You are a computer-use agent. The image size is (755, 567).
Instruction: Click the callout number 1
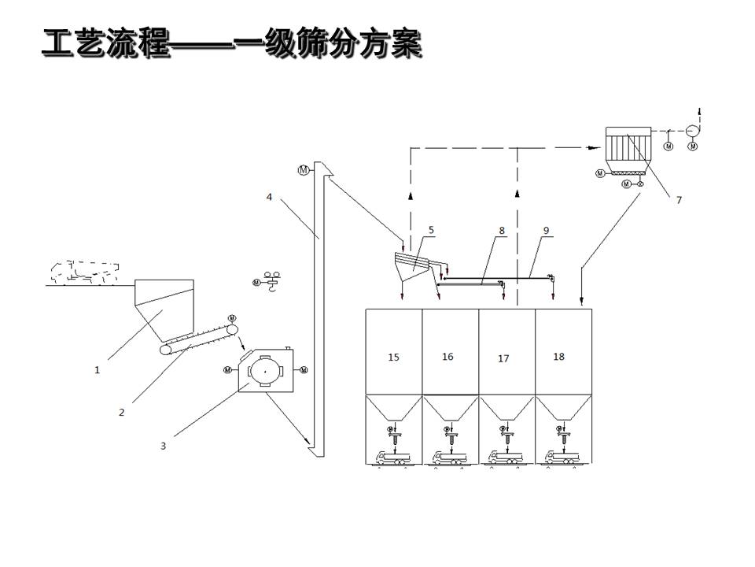[x=98, y=369]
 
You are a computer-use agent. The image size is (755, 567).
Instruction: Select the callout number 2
[x=121, y=412]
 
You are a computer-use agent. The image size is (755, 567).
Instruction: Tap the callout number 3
[x=163, y=446]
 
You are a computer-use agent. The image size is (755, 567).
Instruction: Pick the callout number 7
[x=679, y=200]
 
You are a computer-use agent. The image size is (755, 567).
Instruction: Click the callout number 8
[x=501, y=231]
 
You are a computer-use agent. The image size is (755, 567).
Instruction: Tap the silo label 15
[x=393, y=357]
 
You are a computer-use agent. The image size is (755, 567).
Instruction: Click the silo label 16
[x=447, y=357]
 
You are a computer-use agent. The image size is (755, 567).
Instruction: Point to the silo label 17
[x=503, y=358]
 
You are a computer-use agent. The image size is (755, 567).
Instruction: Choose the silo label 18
[x=558, y=357]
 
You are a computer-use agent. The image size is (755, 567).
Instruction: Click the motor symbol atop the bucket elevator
[x=304, y=169]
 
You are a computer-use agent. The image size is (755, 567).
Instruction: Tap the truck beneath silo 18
[x=562, y=457]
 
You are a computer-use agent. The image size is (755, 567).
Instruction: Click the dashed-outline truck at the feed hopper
[x=83, y=271]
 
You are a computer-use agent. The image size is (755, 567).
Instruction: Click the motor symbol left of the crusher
[x=228, y=369]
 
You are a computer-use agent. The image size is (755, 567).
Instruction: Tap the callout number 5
[x=431, y=230]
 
